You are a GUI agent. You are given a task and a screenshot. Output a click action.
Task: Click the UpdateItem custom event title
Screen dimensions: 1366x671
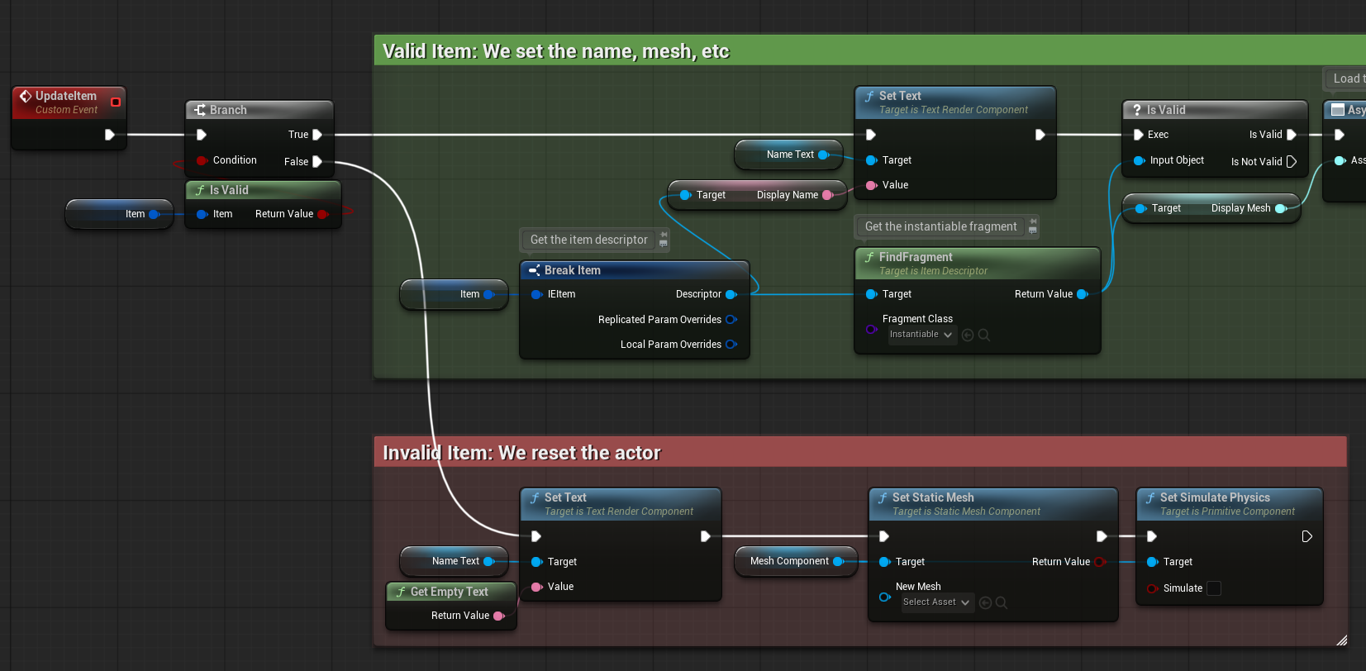tap(66, 96)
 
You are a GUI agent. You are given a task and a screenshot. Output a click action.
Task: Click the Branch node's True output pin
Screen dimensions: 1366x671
tap(317, 135)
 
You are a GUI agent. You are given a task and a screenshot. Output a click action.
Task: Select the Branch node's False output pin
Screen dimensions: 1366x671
tap(317, 162)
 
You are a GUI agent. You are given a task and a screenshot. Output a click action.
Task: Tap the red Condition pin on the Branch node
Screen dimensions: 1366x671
tap(202, 160)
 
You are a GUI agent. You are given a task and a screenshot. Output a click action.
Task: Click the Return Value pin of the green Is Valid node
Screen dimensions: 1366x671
tap(323, 214)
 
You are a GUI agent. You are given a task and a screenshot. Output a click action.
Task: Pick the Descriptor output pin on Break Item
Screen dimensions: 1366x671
tap(731, 295)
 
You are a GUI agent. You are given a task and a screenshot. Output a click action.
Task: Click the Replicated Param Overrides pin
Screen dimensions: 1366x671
tap(731, 320)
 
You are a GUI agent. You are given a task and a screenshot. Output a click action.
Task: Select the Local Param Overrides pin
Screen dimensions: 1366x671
tap(731, 345)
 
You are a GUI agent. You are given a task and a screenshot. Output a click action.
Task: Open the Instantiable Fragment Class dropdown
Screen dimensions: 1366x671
tap(921, 335)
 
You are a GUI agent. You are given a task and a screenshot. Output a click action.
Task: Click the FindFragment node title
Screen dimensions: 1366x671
tap(916, 257)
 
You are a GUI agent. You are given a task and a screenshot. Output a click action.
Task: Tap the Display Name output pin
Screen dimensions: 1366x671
tap(827, 195)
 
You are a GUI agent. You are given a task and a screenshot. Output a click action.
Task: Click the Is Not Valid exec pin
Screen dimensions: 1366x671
tap(1292, 162)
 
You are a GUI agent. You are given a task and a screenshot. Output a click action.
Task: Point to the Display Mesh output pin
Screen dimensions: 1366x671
tap(1281, 208)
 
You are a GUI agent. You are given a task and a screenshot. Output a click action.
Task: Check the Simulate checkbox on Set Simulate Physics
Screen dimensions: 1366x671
tap(1214, 588)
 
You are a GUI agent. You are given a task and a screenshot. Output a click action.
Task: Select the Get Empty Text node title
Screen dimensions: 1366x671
tap(449, 592)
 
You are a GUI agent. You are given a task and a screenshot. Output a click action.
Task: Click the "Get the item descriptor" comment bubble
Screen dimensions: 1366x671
tap(589, 240)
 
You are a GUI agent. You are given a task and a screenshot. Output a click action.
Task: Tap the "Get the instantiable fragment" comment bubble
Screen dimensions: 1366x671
tap(941, 226)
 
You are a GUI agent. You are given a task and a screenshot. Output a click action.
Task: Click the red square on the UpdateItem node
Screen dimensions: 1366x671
tap(115, 102)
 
